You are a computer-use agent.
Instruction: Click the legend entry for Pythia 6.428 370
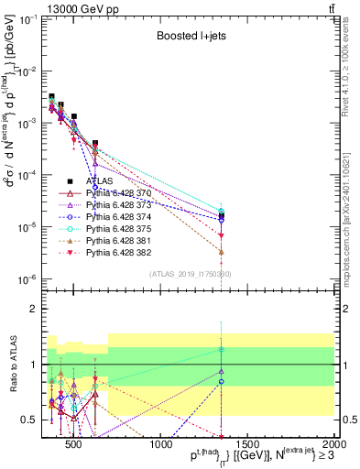108,193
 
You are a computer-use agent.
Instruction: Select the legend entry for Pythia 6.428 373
108,205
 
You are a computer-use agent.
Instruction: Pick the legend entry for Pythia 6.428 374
108,217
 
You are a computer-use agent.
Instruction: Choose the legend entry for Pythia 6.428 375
108,229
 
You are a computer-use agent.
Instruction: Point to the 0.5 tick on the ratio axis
30,420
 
